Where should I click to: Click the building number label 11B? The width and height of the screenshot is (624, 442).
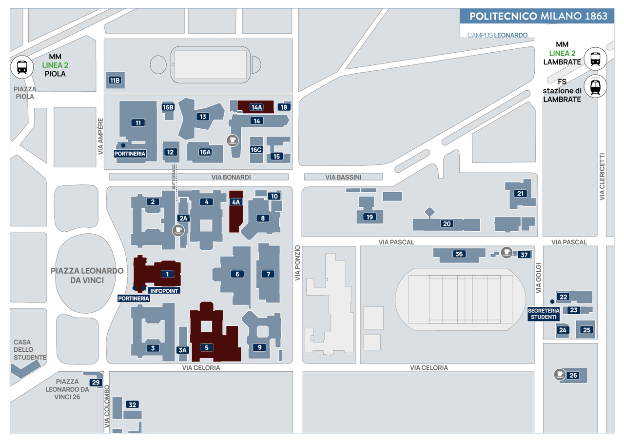[x=115, y=80]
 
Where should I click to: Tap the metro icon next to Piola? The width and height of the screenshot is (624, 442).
[x=22, y=67]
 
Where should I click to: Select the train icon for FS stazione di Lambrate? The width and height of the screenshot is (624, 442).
[x=595, y=86]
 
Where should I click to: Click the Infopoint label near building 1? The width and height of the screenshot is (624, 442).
[x=164, y=291]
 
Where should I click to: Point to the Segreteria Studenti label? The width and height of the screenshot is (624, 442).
[x=544, y=314]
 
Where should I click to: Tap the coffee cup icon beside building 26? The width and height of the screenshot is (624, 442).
[x=560, y=374]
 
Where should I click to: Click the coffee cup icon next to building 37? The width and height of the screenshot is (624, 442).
[x=507, y=253]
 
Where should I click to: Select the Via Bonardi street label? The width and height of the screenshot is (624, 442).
[x=231, y=177]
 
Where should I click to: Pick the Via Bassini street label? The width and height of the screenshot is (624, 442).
[x=343, y=177]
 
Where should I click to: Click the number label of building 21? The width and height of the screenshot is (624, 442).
[x=520, y=193]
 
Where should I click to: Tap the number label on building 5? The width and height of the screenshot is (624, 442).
[x=207, y=347]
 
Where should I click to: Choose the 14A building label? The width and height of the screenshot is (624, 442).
[x=256, y=107]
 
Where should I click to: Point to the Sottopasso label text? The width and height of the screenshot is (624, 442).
[x=174, y=177]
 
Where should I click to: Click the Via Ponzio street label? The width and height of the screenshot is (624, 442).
[x=297, y=263]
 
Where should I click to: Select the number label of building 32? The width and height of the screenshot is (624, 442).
[x=132, y=404]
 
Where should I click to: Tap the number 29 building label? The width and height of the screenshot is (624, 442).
[x=96, y=382]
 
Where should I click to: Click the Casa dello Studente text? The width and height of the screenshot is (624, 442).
[x=30, y=350]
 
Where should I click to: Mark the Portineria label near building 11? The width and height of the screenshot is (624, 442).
[x=130, y=154]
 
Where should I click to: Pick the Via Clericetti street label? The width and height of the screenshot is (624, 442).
[x=602, y=176]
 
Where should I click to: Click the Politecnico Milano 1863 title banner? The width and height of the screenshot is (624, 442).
[x=537, y=16]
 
